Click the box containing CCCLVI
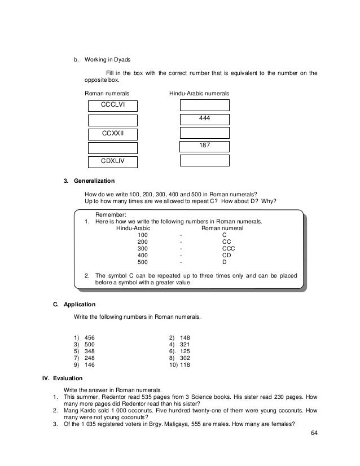tap(113, 105)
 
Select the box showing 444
tap(204, 118)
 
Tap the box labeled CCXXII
tap(113, 134)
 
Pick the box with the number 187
tap(204, 147)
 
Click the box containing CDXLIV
tap(113, 161)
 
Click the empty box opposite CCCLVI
tap(204, 105)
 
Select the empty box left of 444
tap(113, 120)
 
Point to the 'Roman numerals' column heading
tap(107, 92)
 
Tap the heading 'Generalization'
tap(93, 181)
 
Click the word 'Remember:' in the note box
tap(111, 215)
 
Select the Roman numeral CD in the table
tap(225, 255)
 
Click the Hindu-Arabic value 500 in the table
tap(143, 262)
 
